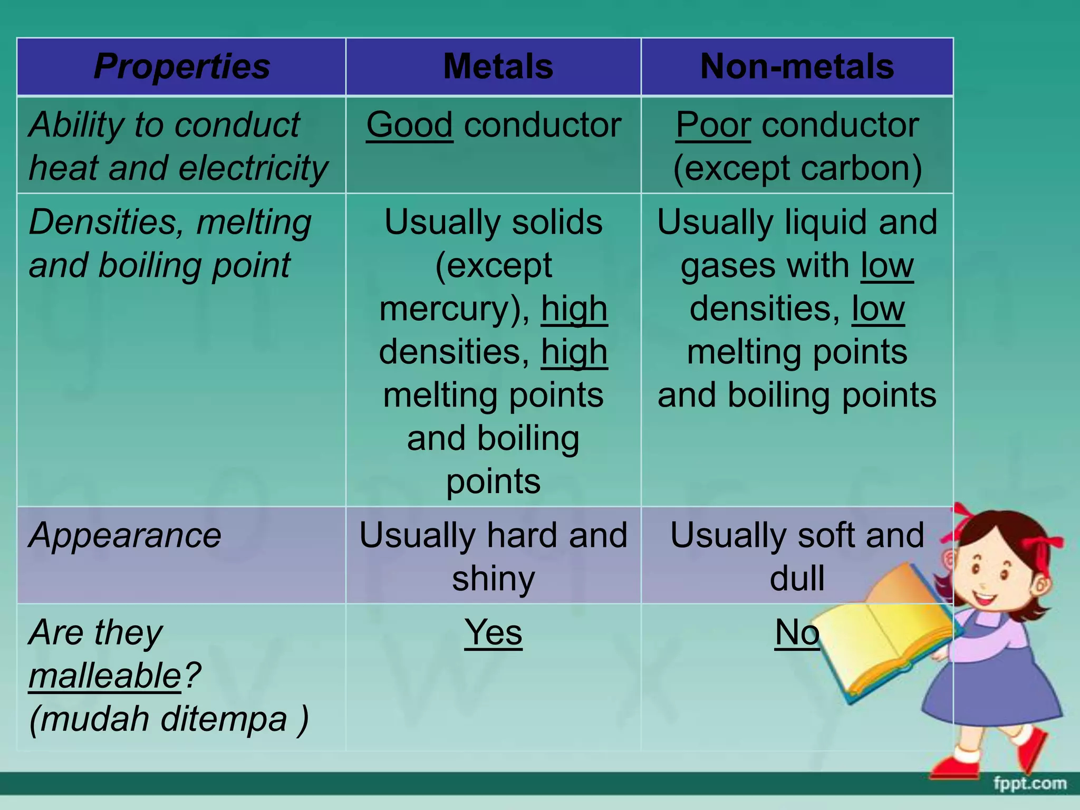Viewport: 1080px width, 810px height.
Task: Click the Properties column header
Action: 181,66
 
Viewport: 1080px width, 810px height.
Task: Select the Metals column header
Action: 498,66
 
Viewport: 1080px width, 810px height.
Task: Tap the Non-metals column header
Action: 797,66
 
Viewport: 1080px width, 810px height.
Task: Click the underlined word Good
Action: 409,125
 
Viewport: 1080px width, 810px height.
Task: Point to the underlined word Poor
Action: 713,125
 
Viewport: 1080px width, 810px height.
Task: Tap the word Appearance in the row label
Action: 125,535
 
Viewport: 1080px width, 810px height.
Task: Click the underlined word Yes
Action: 493,632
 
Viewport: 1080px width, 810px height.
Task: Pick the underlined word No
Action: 797,632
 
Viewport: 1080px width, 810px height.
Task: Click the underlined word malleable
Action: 105,676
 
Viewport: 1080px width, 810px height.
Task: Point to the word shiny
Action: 493,578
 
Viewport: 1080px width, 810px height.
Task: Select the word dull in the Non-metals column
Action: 797,578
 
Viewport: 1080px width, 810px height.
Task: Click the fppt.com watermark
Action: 1030,784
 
